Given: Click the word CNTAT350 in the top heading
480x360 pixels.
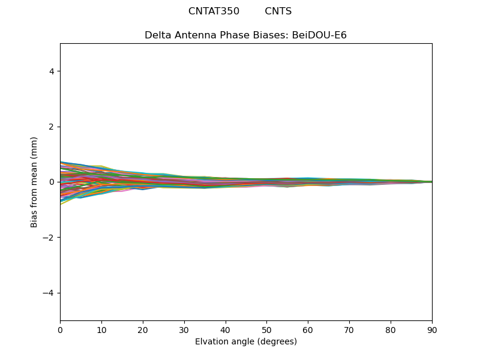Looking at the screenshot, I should [214, 11].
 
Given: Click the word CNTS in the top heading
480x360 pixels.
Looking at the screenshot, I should [278, 11].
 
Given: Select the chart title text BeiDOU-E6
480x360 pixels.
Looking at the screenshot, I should [319, 35].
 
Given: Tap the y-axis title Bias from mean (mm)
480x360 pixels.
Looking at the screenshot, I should [34, 182].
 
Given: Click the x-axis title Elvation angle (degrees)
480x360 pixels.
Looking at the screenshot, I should [246, 342].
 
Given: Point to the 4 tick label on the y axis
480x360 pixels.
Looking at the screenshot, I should [52, 71].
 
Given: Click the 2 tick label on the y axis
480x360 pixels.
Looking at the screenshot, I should [52, 127].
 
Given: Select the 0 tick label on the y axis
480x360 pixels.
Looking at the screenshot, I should [52, 182].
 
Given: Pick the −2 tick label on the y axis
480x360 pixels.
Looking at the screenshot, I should [49, 238].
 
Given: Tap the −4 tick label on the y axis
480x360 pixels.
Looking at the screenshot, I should [49, 293].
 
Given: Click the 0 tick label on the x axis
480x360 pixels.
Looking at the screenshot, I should [60, 329].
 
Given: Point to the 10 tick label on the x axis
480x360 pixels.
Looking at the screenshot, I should [101, 329].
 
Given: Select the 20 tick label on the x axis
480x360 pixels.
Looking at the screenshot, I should [143, 329].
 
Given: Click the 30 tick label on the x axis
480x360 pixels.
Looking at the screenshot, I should [184, 329].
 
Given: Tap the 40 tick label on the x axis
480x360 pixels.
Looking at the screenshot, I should [226, 329].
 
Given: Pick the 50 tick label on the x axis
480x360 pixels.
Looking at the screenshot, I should [266, 329].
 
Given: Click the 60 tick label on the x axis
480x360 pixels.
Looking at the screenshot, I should [308, 329].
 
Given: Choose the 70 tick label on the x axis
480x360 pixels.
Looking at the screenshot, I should [349, 329].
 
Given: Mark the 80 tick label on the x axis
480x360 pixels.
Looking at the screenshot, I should [391, 329].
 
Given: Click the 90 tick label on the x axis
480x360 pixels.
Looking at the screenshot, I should [432, 329].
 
